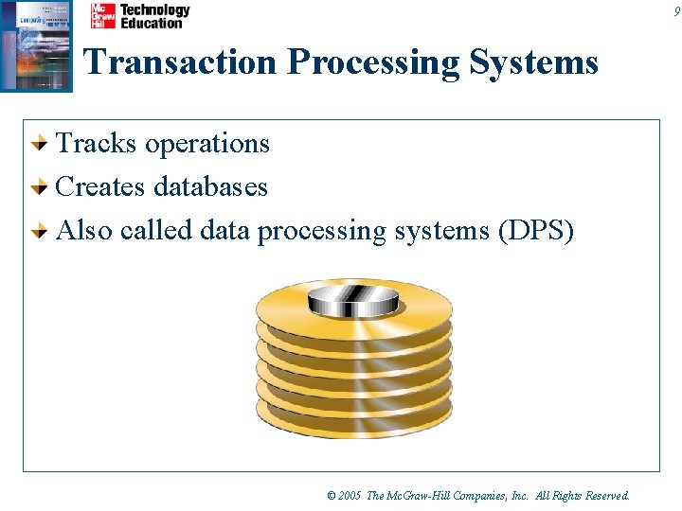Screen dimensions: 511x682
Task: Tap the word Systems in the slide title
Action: click(539, 62)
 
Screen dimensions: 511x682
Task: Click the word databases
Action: click(210, 186)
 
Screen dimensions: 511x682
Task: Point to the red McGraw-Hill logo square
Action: click(102, 16)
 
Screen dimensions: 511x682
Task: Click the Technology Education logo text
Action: click(154, 16)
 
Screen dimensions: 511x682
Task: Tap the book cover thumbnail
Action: click(36, 45)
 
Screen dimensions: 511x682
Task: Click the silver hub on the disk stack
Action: click(352, 302)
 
